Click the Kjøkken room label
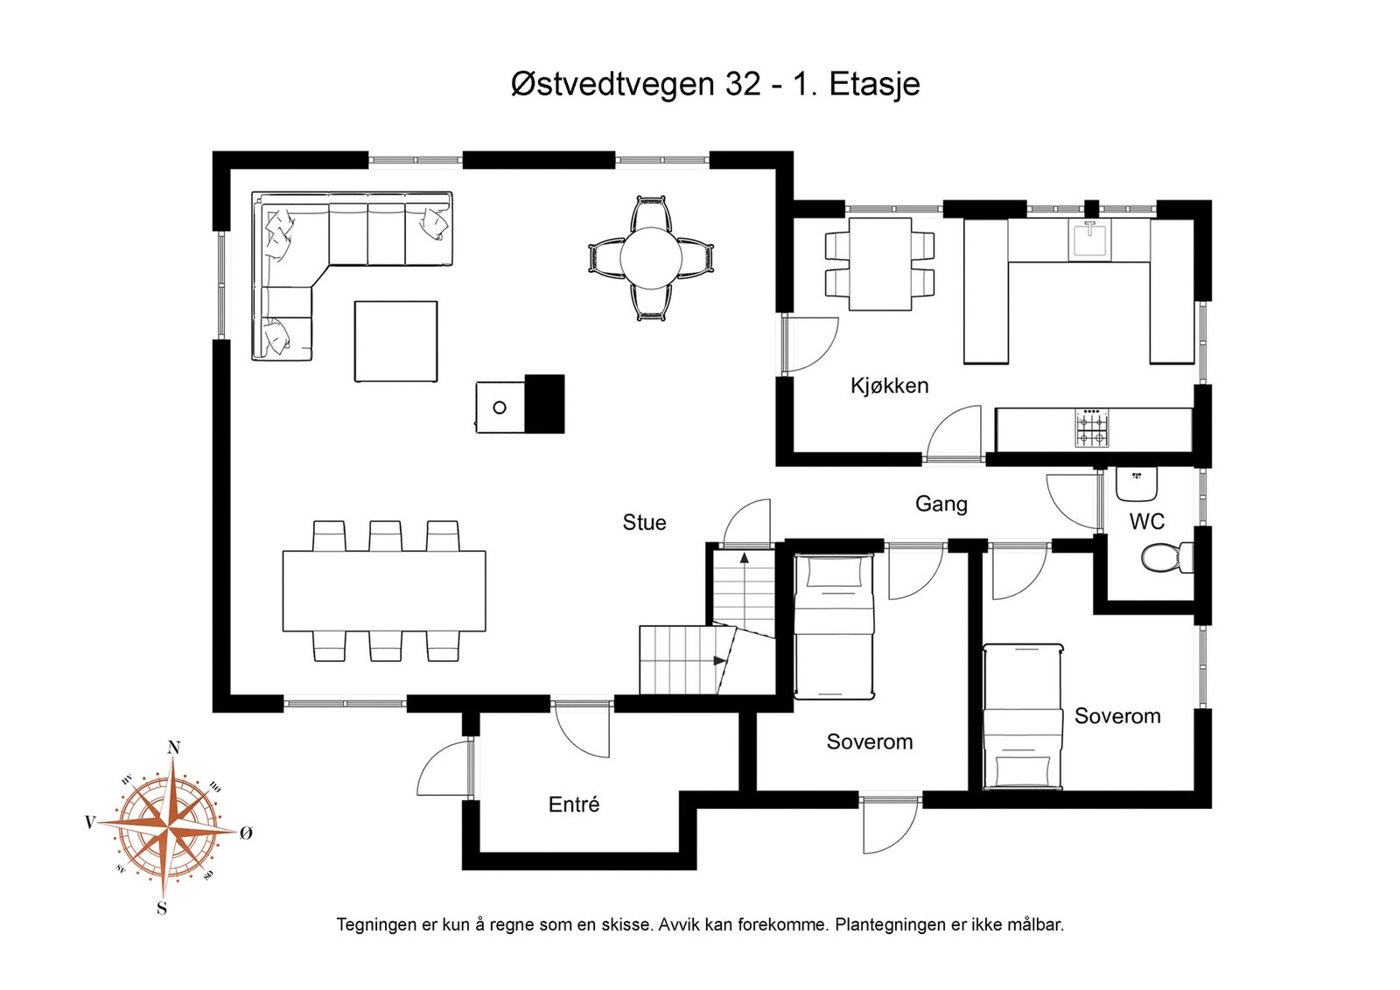(x=889, y=386)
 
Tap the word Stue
(x=644, y=522)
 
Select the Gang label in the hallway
(x=941, y=504)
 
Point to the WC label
(x=1147, y=521)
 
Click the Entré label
(x=574, y=804)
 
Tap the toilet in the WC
(x=1167, y=557)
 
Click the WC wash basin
(x=1137, y=485)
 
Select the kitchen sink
(x=1089, y=240)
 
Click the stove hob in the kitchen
(x=1092, y=428)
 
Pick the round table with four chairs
(x=651, y=258)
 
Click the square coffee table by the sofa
(x=395, y=341)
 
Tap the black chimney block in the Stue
(x=544, y=403)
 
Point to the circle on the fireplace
(x=500, y=408)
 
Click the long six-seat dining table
(x=384, y=590)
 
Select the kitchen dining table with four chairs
(x=880, y=263)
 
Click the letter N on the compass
(x=174, y=748)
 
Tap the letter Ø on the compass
(x=246, y=833)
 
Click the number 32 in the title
(x=743, y=84)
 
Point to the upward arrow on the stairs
(x=745, y=587)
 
